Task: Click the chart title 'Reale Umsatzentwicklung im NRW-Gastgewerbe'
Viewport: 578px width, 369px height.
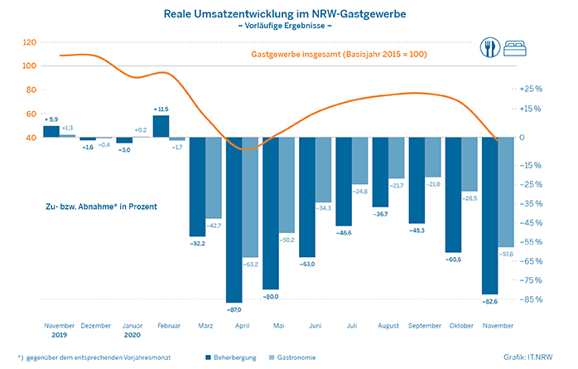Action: pos(288,14)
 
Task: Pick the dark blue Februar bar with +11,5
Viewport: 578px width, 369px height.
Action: pos(161,126)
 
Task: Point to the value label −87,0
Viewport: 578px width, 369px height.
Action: pos(234,307)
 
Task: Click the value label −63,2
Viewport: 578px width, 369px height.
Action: pos(250,264)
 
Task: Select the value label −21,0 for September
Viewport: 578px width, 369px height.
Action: pos(432,184)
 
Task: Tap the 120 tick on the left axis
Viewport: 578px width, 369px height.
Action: pos(31,42)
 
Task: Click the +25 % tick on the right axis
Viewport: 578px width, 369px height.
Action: pos(532,88)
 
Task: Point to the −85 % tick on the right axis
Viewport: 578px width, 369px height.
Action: pos(532,299)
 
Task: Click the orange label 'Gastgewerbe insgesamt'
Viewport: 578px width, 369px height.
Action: pos(306,56)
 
